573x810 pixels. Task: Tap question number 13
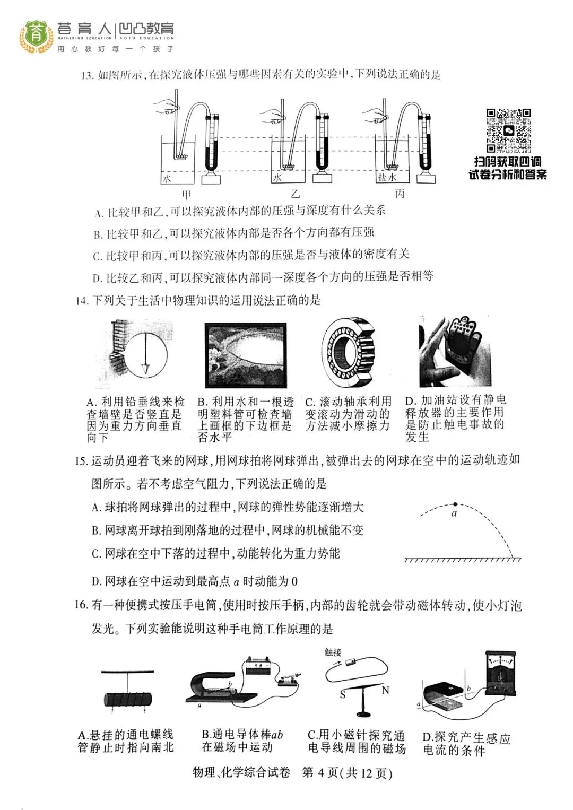click(x=86, y=75)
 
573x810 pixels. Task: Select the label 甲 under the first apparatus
click(x=187, y=194)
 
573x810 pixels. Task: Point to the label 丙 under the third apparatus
click(x=400, y=194)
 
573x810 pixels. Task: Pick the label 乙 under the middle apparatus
click(x=295, y=194)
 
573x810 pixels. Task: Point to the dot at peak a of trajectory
click(x=455, y=504)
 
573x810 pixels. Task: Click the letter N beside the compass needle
click(x=386, y=690)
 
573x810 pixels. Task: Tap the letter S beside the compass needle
click(x=343, y=694)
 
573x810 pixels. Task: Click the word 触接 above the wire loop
click(x=333, y=652)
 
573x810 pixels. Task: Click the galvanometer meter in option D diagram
click(x=496, y=674)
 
